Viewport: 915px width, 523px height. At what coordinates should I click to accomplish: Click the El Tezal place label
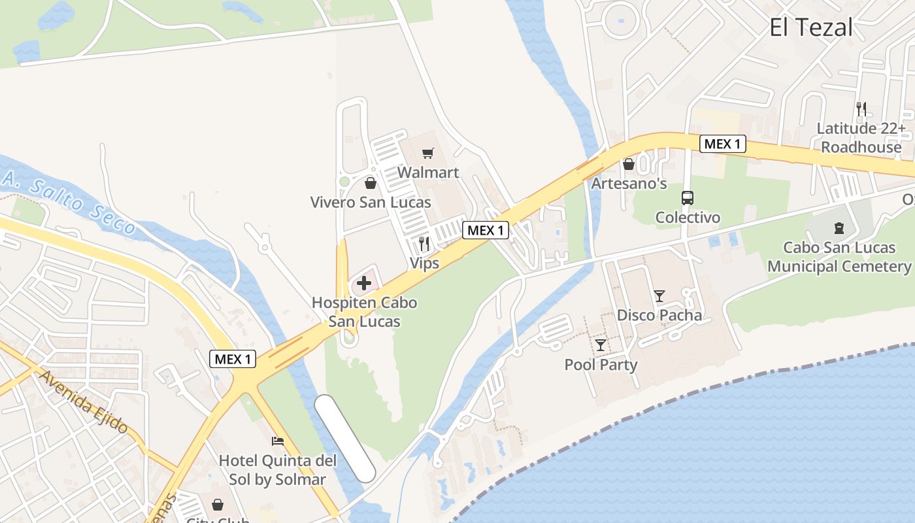[x=810, y=27]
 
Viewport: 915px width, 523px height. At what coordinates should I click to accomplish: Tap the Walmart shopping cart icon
[x=428, y=153]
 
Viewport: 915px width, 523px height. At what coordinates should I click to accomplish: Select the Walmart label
[x=428, y=173]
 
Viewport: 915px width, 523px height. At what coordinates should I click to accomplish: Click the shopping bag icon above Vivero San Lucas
[x=371, y=183]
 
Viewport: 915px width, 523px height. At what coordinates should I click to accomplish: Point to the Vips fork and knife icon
[x=424, y=244]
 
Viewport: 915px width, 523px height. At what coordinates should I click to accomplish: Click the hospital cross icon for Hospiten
[x=364, y=283]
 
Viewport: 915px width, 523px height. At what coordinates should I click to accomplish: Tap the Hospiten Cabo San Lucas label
[x=364, y=312]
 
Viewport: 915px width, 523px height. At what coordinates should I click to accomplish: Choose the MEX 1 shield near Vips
[x=486, y=230]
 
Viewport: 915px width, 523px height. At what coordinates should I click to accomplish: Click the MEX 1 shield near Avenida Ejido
[x=233, y=359]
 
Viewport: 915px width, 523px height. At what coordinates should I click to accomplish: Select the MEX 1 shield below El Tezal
[x=722, y=144]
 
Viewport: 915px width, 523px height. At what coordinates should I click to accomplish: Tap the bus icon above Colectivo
[x=688, y=198]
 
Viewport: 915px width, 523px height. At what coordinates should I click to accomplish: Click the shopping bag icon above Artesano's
[x=629, y=164]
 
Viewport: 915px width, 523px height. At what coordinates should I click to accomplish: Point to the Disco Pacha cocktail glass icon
[x=659, y=296]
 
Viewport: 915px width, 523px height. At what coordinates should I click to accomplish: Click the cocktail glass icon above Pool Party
[x=601, y=345]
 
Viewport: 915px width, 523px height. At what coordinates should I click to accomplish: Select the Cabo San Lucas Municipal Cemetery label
[x=839, y=257]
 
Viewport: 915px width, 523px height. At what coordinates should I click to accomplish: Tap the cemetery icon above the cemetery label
[x=839, y=228]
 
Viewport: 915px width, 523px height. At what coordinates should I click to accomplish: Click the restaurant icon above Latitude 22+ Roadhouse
[x=861, y=109]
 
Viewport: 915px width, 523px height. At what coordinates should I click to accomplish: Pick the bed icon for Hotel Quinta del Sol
[x=278, y=441]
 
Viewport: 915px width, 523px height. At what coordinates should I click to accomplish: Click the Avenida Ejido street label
[x=83, y=401]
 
